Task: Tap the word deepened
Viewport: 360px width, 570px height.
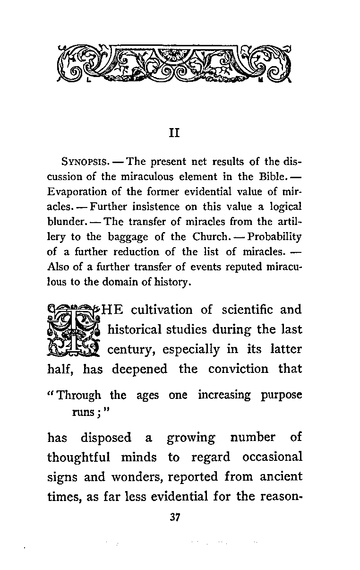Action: pos(139,369)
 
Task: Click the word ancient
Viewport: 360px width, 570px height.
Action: pos(281,477)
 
